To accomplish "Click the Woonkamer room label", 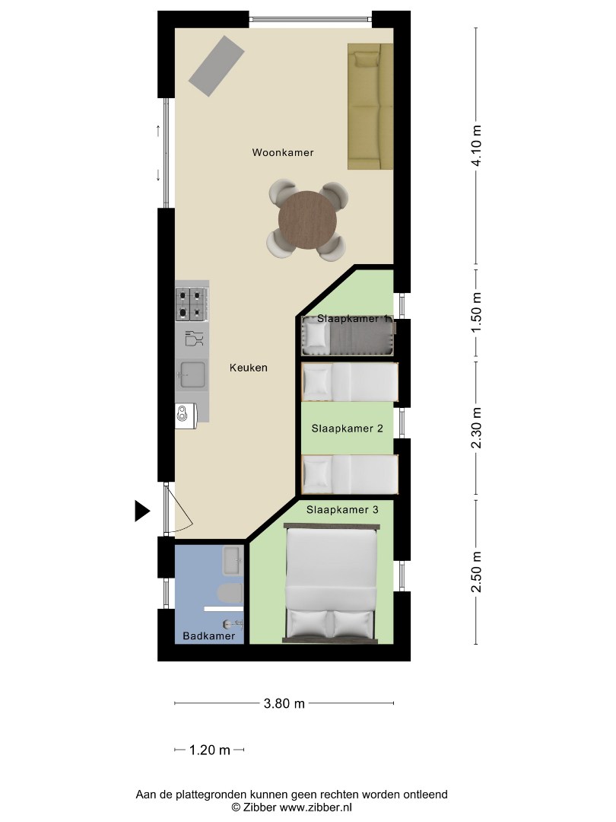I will click(x=283, y=153).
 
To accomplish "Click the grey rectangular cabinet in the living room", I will click(x=217, y=65).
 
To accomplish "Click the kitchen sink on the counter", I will click(x=192, y=374).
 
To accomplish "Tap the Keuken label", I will click(x=249, y=368).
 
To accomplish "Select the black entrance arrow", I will click(x=142, y=511).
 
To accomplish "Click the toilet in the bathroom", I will click(x=229, y=593).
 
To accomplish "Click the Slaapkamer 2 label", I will click(x=347, y=429).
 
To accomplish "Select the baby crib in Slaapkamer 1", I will click(x=348, y=336).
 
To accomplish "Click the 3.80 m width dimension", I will click(x=284, y=704).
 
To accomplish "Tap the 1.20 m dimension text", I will click(x=210, y=750).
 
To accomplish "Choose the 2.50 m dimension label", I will click(x=477, y=572).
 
